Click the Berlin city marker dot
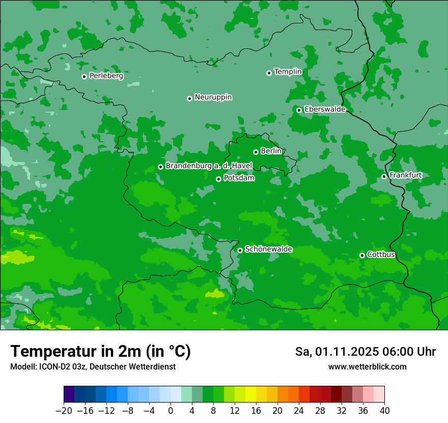pos(256,152)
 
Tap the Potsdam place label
pos(239,178)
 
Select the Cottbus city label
pos(381,254)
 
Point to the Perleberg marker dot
pos(84,76)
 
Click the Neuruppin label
pos(213,97)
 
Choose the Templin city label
pos(288,72)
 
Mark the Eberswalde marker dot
pos(299,110)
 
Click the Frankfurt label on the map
pos(405,175)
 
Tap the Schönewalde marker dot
pos(240,250)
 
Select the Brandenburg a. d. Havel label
pos(208,166)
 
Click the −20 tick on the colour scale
pos(64,410)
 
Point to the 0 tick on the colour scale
pos(171,410)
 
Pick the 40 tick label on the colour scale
pos(384,410)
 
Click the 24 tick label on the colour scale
pos(299,410)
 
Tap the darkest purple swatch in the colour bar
pos(69,394)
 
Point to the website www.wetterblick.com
pos(367,367)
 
